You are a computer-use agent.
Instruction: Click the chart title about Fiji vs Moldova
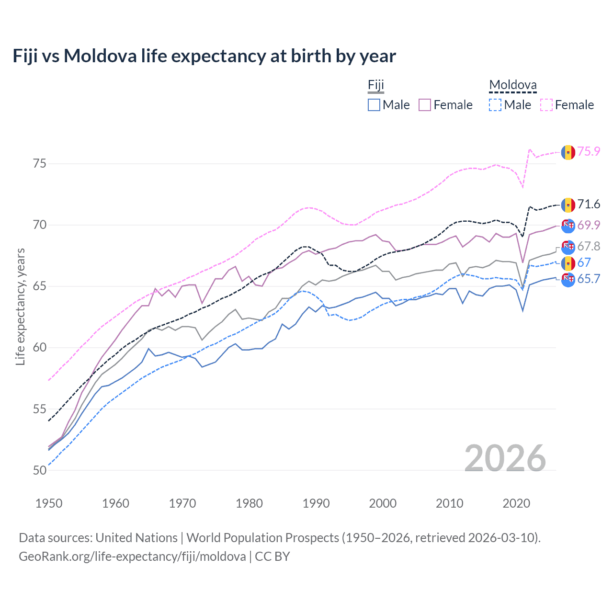(204, 56)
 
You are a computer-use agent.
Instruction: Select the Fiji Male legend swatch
(374, 105)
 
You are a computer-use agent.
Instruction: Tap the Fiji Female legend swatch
(425, 105)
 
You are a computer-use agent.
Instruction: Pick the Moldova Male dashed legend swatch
(495, 105)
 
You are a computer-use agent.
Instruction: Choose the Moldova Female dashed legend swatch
(546, 105)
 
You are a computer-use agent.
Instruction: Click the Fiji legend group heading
(376, 85)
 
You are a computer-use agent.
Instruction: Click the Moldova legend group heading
(512, 85)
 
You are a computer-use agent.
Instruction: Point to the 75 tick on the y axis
(40, 164)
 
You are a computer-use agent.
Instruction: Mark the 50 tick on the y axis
(40, 470)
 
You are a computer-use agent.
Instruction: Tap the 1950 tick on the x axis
(49, 503)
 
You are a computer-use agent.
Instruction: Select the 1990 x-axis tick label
(316, 503)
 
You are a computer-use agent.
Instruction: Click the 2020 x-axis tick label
(516, 503)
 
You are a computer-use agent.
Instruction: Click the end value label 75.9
(589, 151)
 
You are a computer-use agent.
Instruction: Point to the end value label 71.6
(589, 204)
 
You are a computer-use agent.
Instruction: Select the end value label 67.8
(589, 246)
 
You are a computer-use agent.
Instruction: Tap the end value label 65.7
(589, 279)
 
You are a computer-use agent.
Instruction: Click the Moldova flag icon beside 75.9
(568, 152)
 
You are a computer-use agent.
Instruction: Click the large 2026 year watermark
(505, 458)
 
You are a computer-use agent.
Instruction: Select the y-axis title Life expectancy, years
(20, 306)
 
